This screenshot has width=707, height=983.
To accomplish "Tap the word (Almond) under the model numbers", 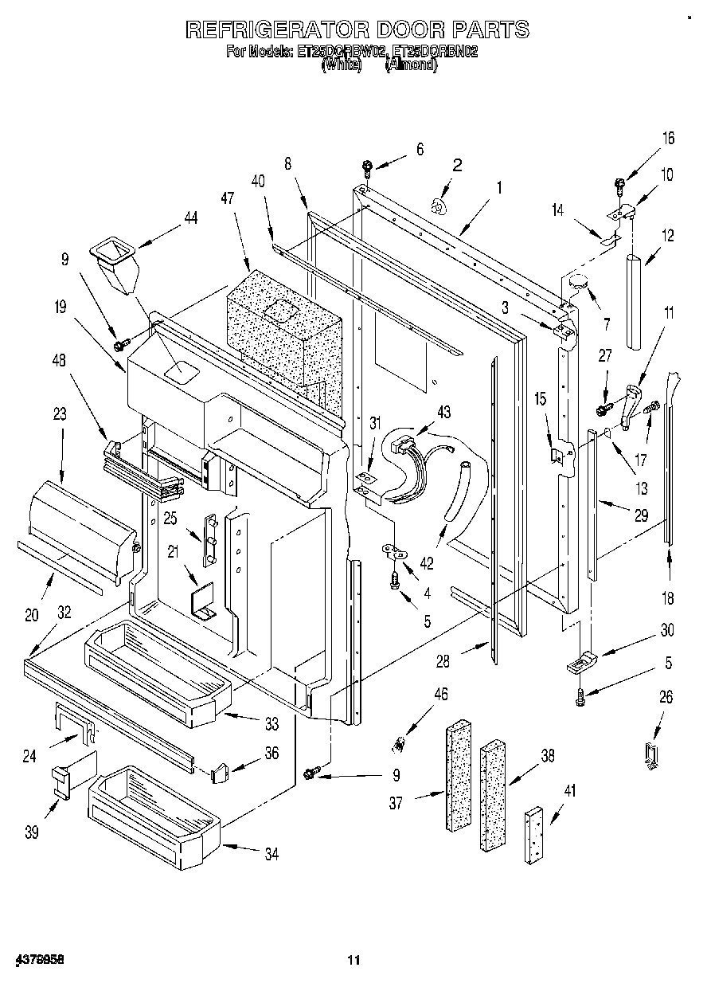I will coord(411,66).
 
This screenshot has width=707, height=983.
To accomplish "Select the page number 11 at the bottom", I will coord(353,960).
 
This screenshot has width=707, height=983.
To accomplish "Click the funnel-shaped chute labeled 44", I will coord(115,267).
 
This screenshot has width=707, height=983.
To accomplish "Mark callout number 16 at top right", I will coord(667,139).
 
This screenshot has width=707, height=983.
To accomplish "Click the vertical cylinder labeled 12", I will coord(635,301).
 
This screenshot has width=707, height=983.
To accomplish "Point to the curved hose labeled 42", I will coord(456,494).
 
